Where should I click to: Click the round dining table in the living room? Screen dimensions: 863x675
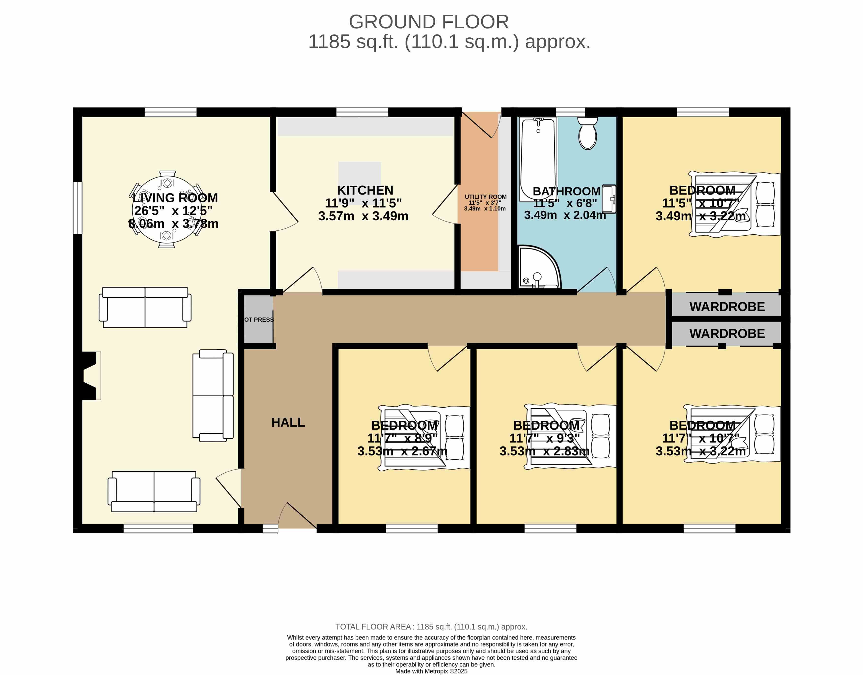click(x=167, y=209)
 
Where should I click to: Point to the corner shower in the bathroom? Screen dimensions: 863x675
click(x=539, y=267)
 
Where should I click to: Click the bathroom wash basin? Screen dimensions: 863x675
click(x=609, y=199)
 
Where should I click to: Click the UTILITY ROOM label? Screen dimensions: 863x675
click(x=485, y=197)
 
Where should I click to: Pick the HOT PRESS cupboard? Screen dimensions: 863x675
click(x=258, y=319)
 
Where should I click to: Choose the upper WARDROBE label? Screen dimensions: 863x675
click(x=727, y=307)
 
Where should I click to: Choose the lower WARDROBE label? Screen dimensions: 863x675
click(x=727, y=334)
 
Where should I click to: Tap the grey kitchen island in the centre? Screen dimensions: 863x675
click(x=359, y=183)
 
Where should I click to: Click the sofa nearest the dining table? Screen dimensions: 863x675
click(x=145, y=307)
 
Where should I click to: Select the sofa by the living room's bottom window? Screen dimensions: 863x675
click(x=154, y=491)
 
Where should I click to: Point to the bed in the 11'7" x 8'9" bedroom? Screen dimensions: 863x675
click(x=424, y=437)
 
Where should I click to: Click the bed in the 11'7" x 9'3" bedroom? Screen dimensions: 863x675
click(x=570, y=436)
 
